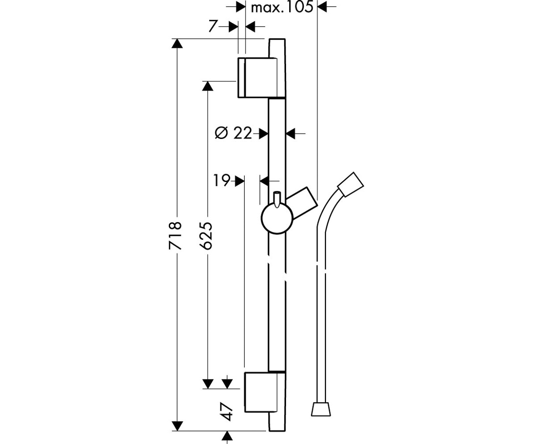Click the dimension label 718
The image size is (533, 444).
tap(175, 235)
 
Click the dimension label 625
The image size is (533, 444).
tap(206, 235)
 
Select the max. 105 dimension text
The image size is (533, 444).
tap(282, 7)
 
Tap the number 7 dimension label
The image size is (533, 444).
tap(212, 26)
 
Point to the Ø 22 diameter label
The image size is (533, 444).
tap(233, 133)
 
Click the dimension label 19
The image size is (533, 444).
tap(222, 180)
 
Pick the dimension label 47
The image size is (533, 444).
tap(227, 412)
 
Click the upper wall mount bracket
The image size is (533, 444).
tap(261, 78)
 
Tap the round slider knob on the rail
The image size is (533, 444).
tap(277, 218)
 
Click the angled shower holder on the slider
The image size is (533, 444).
tap(302, 204)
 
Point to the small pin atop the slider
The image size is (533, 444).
tap(277, 199)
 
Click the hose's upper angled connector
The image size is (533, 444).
tap(350, 185)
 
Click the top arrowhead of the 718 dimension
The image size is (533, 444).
tap(177, 44)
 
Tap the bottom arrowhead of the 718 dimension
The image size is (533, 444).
tap(177, 426)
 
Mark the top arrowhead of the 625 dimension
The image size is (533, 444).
tap(207, 86)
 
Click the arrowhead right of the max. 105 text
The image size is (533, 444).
tap(322, 7)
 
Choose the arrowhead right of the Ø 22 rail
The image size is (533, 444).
tap(290, 133)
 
